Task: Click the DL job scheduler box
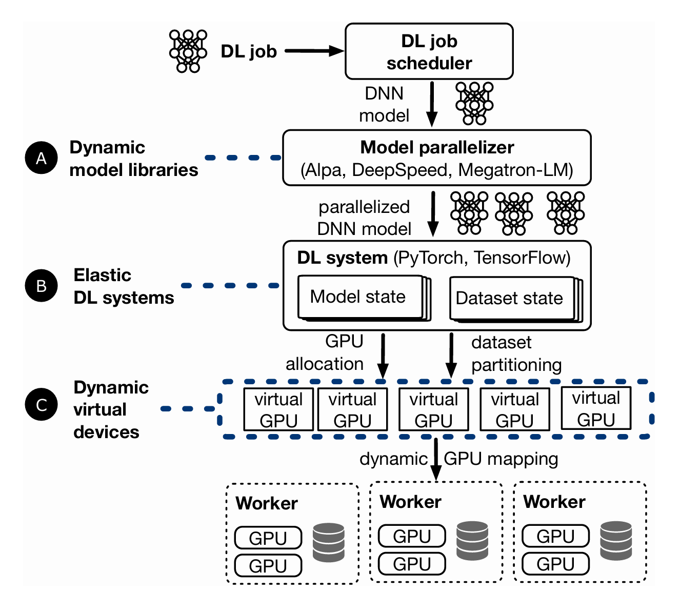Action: [429, 51]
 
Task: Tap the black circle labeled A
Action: [41, 157]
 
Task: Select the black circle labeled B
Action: [41, 285]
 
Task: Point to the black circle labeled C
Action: [41, 404]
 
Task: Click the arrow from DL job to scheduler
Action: [314, 51]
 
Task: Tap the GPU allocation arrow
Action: [383, 356]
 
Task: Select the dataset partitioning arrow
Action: [451, 356]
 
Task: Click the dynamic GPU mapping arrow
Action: [435, 459]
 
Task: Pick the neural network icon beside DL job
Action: [188, 51]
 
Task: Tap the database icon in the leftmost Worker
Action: [329, 542]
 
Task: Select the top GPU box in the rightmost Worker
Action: [555, 536]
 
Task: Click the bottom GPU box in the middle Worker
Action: [412, 564]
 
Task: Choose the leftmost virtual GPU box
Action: [278, 409]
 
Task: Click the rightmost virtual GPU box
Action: [596, 408]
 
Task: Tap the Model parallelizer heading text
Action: [437, 147]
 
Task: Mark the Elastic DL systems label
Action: [124, 286]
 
